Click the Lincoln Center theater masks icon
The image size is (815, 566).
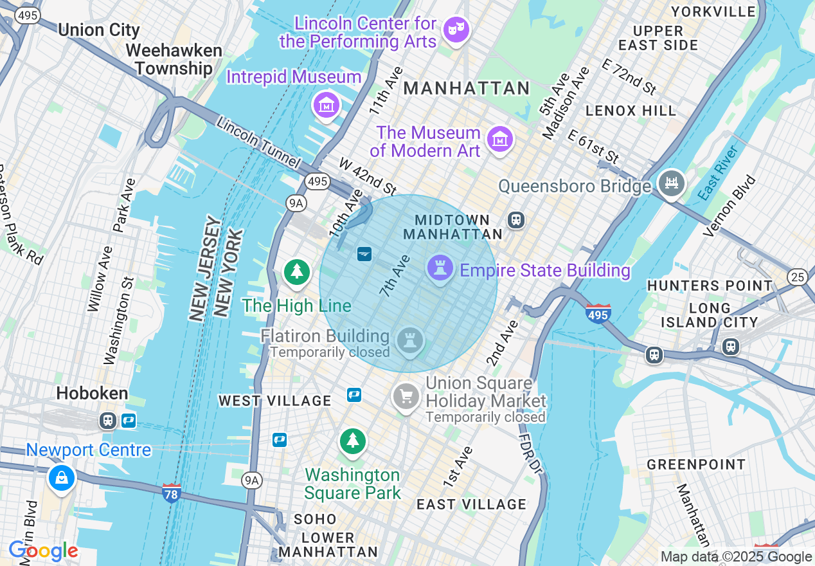click(x=456, y=30)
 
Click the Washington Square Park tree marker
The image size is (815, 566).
click(x=352, y=441)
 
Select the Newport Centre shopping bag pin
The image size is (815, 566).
click(x=61, y=479)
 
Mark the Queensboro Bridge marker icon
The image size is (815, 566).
click(x=671, y=183)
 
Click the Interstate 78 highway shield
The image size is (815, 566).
click(x=172, y=492)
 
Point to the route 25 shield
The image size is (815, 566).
click(x=797, y=277)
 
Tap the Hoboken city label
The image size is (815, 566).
click(x=92, y=393)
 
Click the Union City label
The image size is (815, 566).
click(x=98, y=30)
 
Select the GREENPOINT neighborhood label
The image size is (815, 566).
click(x=696, y=464)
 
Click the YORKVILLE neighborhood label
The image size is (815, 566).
click(x=713, y=12)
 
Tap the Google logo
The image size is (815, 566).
click(x=43, y=551)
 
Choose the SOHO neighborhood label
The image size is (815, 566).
click(x=315, y=519)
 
